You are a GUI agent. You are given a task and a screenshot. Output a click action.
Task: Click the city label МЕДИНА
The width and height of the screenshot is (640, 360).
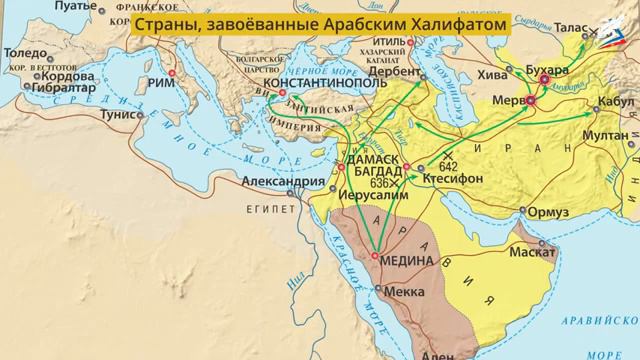408,260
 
